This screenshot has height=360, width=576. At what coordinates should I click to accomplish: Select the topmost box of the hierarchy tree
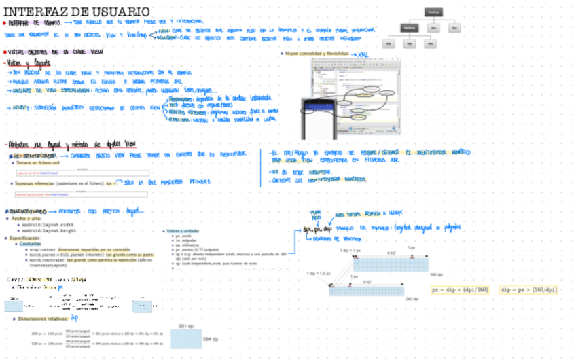[x=433, y=12]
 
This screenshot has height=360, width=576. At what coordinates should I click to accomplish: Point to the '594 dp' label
[x=211, y=338]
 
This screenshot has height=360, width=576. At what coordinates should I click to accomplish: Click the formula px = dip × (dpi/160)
[x=460, y=290]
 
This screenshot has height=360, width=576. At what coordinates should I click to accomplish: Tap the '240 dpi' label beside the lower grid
[x=412, y=299]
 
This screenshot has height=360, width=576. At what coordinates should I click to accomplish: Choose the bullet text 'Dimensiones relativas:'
[x=43, y=318]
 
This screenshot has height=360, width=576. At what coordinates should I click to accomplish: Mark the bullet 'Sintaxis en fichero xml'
[x=42, y=163]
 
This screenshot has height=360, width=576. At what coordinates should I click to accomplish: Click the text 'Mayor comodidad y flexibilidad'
[x=317, y=53]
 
